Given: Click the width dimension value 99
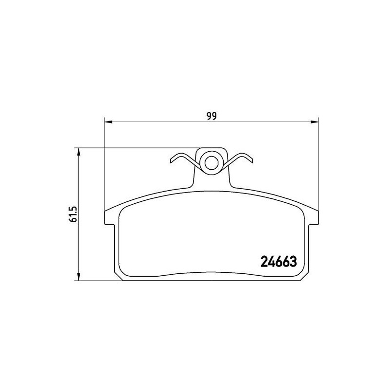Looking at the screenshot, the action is pos(212,116).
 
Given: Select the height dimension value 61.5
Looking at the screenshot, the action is pos(74,213).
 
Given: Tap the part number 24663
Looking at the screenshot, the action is pos(279,262).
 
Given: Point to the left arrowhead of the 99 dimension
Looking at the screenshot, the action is pos(108,122).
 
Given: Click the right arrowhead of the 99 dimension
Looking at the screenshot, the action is pos(314,122).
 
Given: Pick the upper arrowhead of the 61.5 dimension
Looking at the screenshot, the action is pos(79,152).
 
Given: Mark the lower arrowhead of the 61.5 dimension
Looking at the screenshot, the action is pos(79,277).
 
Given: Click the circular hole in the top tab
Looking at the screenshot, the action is pos(212,163).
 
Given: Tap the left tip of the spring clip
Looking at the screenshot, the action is pos(171,161).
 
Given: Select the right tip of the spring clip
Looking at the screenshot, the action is pos(252,161).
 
